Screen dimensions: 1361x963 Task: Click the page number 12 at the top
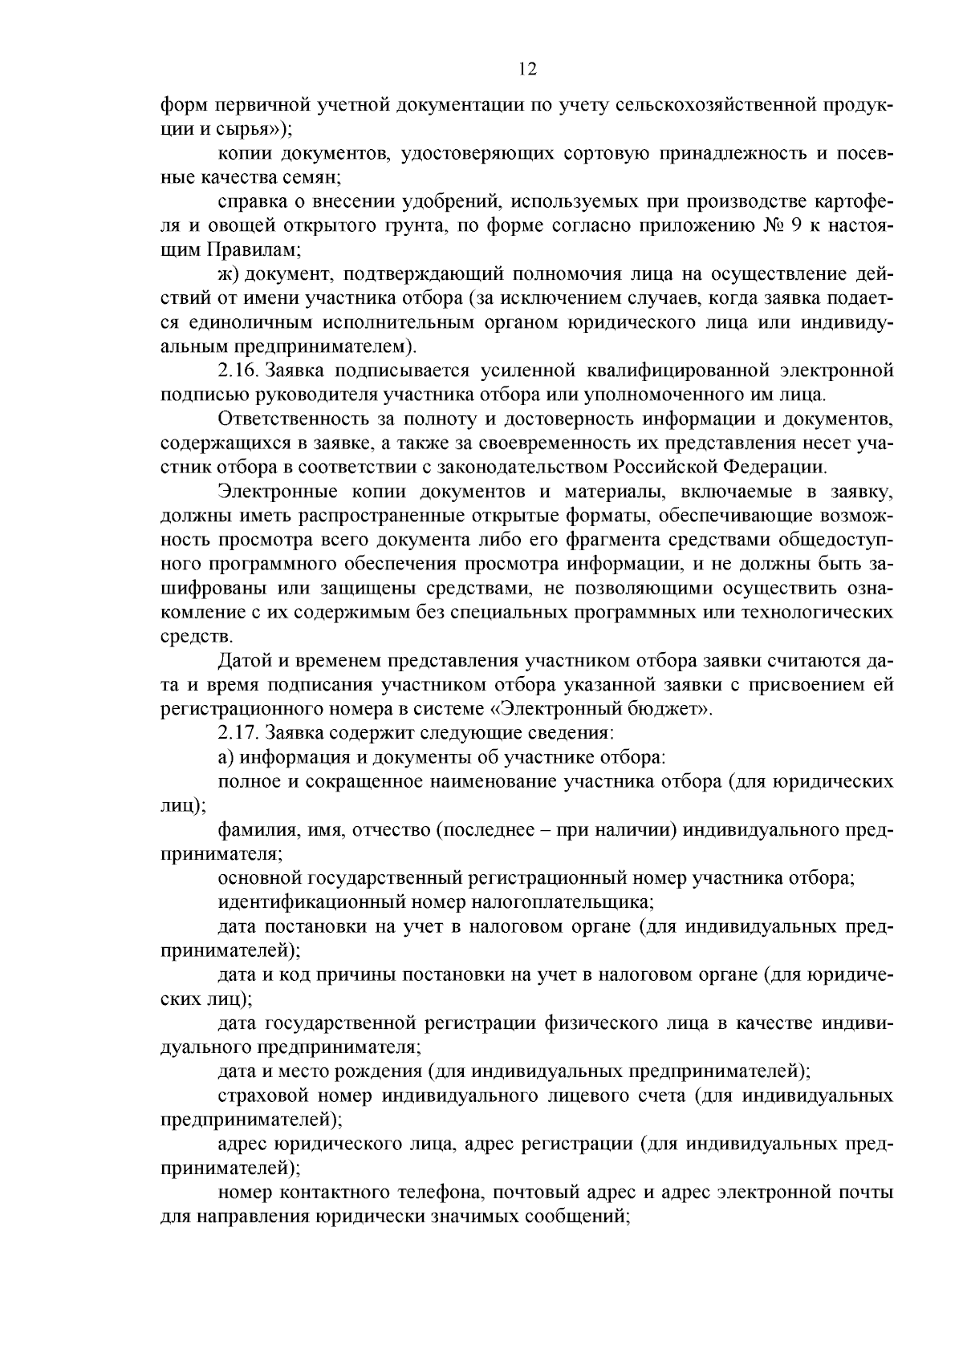click(x=527, y=69)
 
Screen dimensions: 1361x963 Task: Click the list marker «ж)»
click(x=228, y=274)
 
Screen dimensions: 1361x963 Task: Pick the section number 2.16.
click(x=238, y=371)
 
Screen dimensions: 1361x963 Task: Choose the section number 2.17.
click(x=238, y=732)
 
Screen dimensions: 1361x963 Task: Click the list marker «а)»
click(x=227, y=756)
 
